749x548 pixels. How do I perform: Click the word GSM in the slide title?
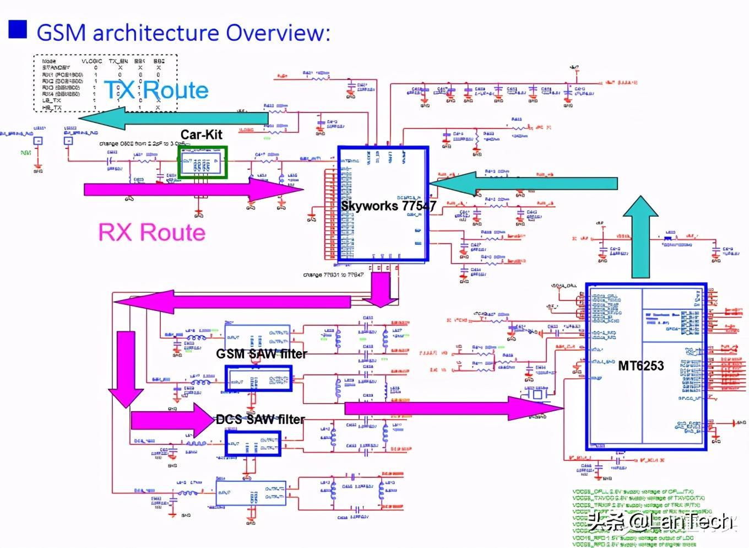pos(61,33)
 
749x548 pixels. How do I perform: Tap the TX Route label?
pos(156,90)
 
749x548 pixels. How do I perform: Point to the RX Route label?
pos(151,232)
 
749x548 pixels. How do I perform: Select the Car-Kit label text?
pos(201,135)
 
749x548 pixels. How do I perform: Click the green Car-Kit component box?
pos(203,163)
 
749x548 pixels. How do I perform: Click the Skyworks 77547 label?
pos(388,206)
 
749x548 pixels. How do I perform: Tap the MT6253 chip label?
pos(641,366)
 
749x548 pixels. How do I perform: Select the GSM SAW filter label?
pos(262,353)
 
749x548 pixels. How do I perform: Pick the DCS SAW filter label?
pos(260,420)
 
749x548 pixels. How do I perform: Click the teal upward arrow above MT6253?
pos(641,237)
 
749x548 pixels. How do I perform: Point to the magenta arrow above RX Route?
pos(193,190)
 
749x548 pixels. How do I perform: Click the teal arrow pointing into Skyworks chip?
pos(523,184)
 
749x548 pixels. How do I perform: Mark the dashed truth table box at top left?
pos(105,83)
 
